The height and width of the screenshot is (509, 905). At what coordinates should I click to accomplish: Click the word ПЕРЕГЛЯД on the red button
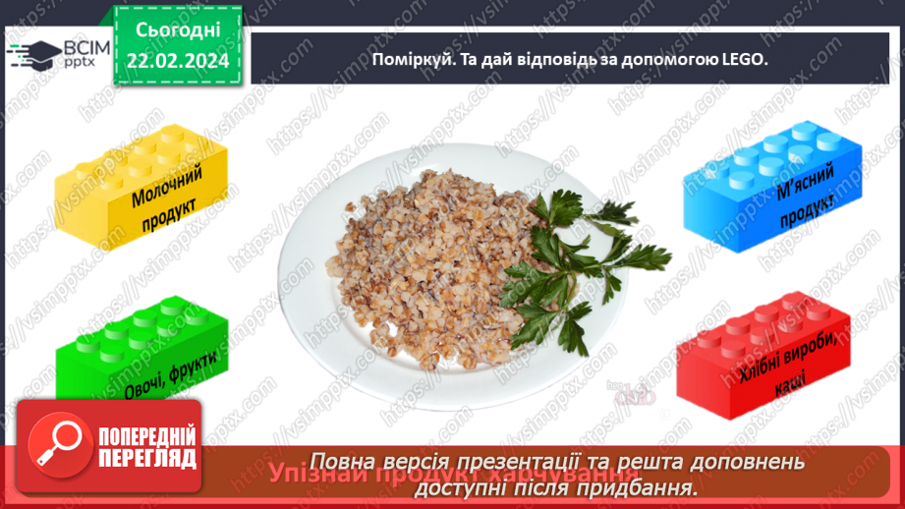tap(147, 458)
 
